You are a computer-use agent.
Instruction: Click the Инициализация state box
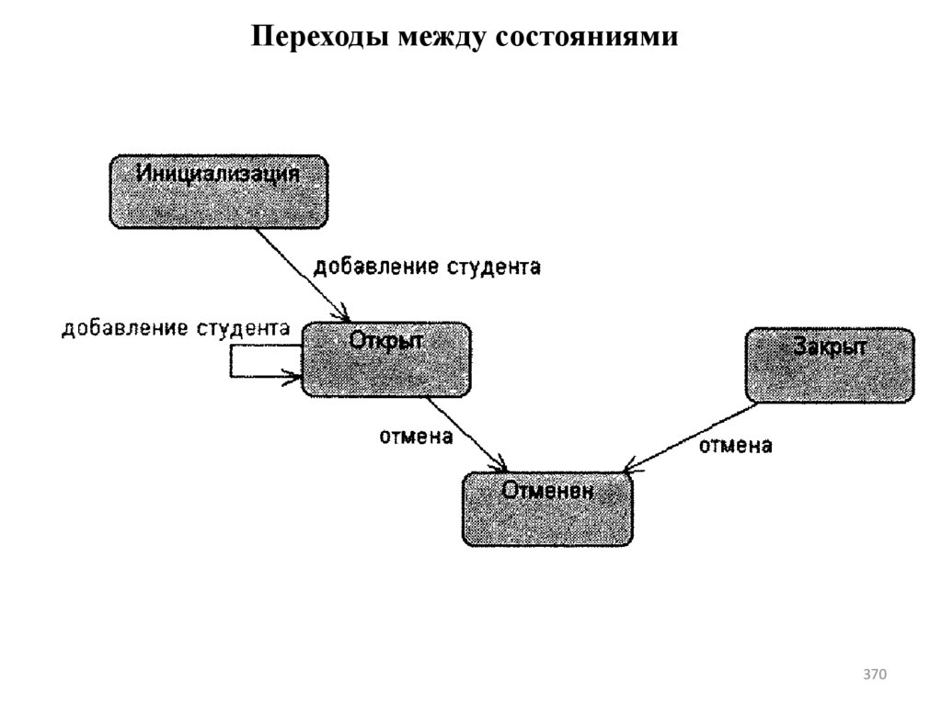pos(218,191)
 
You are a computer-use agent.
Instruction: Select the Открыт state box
pos(385,359)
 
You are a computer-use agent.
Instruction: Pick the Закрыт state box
pos(830,365)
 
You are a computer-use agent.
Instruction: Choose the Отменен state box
pos(547,508)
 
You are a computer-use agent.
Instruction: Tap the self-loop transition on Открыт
pos(232,361)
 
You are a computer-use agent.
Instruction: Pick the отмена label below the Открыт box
pos(417,437)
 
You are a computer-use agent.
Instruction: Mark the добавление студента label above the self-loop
pos(176,328)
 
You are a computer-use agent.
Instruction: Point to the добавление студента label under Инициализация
pos(427,267)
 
